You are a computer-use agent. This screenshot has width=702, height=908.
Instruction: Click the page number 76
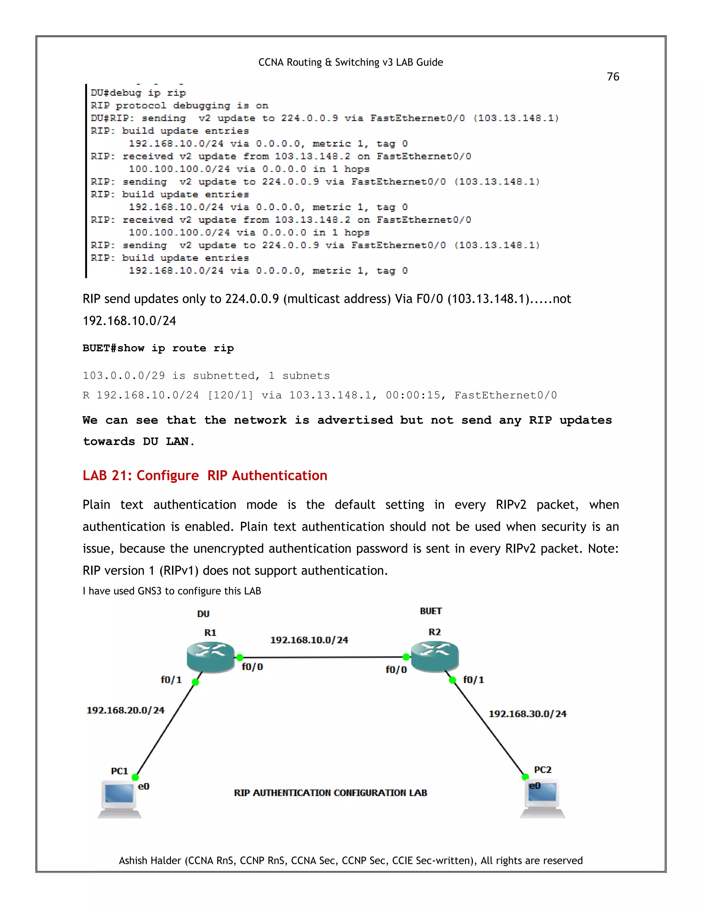(613, 77)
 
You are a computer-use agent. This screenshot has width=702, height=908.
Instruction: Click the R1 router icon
(210, 657)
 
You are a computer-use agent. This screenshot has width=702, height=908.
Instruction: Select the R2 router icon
(435, 656)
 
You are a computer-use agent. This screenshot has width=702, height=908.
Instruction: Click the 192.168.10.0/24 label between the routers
(309, 640)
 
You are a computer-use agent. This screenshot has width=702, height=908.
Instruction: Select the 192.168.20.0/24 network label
(125, 710)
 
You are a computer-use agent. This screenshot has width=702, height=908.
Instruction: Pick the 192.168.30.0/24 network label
(527, 714)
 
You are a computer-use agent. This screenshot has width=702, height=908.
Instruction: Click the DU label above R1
(203, 614)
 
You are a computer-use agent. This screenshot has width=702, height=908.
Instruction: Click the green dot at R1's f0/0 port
(240, 657)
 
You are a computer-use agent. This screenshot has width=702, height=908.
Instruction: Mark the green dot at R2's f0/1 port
(453, 680)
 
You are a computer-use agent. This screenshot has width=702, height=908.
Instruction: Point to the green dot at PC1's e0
(135, 777)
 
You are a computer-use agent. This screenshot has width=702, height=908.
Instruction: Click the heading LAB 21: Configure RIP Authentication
(205, 475)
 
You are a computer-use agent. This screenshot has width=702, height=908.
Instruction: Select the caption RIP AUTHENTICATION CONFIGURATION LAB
(330, 793)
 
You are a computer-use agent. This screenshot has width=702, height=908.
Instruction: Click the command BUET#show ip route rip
(158, 348)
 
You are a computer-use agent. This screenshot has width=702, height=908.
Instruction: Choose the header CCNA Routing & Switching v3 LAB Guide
(351, 62)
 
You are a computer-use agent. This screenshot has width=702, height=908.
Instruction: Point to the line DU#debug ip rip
(138, 93)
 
